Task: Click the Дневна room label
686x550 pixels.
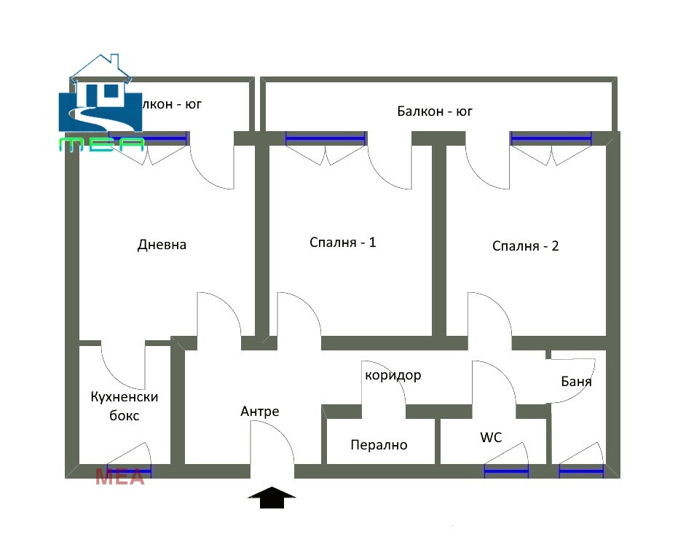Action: coord(162,245)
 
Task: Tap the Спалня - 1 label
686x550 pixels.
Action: coord(342,242)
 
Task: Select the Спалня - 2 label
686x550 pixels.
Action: coord(525,245)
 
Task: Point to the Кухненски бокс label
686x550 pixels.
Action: coord(125,406)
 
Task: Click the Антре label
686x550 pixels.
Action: coord(259,412)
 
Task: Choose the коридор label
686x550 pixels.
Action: coord(393,375)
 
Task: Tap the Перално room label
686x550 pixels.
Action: coord(379,444)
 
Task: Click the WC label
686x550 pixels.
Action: coord(491,437)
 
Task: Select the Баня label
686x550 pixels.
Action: coord(576,381)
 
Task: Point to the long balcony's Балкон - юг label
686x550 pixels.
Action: coord(435,111)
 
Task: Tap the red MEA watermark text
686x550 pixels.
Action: coord(120,478)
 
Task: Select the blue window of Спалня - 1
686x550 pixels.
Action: coord(325,138)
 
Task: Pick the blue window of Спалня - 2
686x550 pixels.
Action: coord(551,138)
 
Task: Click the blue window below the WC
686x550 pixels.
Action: coord(506,471)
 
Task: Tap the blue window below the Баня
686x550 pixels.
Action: coord(581,471)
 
